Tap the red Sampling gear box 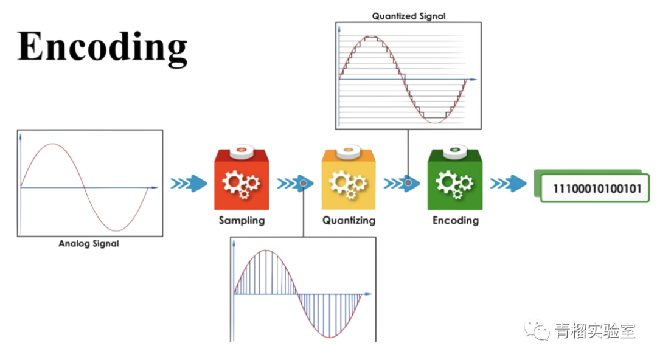tap(242, 179)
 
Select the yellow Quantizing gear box tap(348, 179)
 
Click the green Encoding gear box tap(455, 179)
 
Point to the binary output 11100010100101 tap(597, 189)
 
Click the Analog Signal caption tap(89, 243)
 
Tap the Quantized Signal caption tap(409, 16)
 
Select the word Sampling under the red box tap(242, 221)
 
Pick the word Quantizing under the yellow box tap(349, 221)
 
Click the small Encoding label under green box tap(456, 221)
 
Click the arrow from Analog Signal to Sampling tap(189, 183)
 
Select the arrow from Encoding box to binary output tap(508, 183)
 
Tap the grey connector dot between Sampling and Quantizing tap(304, 183)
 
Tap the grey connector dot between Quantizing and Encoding tap(408, 183)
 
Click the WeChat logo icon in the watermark tap(537, 330)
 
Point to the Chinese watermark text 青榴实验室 tap(596, 331)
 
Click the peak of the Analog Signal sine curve tap(52, 144)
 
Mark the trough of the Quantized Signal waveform tap(436, 122)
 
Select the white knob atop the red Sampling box tap(242, 151)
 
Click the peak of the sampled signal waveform tap(266, 250)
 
